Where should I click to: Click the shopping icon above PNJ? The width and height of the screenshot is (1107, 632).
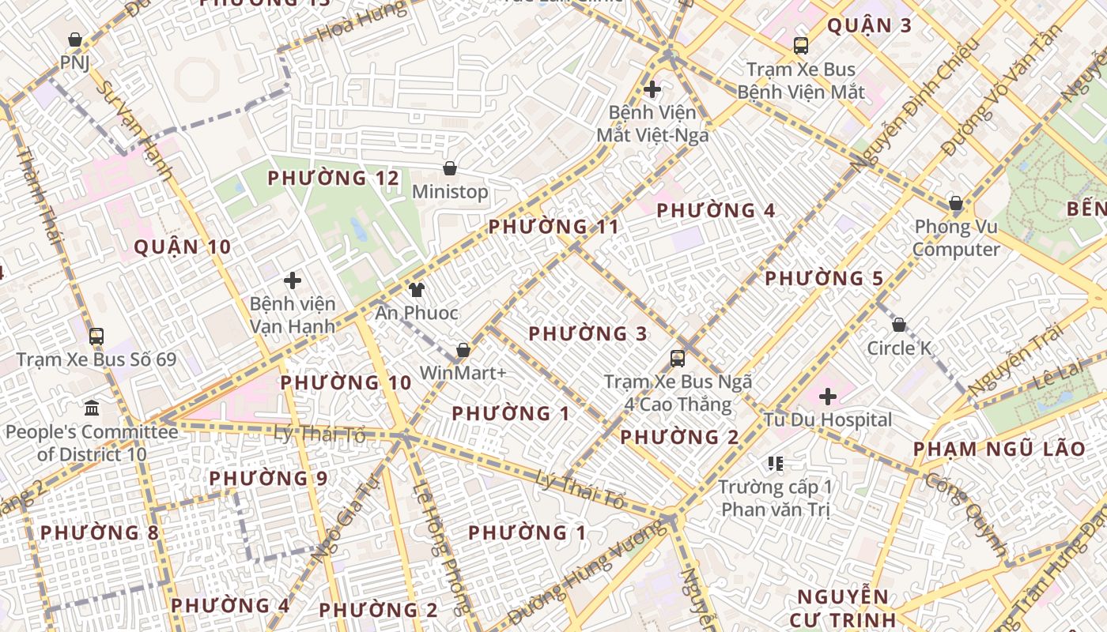point(75,39)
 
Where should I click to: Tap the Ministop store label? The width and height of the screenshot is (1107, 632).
point(450,192)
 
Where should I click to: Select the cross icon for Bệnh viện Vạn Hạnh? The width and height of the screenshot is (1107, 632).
point(293,280)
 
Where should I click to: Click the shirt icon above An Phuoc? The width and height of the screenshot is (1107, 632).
point(417,290)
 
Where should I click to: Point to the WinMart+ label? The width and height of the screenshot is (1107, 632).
point(463,372)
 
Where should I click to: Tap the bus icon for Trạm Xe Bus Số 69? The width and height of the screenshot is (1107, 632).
point(96,337)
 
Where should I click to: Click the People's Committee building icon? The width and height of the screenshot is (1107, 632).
point(92,409)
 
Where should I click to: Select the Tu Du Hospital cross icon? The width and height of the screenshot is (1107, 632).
point(828,397)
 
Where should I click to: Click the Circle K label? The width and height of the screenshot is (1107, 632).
point(899,348)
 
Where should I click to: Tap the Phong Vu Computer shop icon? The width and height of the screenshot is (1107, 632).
point(956,204)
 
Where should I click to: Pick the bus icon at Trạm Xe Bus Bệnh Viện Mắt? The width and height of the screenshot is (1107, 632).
point(801,46)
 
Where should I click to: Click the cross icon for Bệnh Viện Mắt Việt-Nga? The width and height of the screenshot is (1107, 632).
point(652,89)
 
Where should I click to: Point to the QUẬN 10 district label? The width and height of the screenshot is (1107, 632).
point(183,247)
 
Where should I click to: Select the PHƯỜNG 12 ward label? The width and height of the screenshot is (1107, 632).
point(333,179)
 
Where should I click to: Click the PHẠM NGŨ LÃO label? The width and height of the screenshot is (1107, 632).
point(999,450)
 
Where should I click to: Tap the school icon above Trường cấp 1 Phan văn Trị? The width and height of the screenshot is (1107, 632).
point(775,465)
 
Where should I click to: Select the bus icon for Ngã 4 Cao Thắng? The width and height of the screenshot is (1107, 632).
point(678,359)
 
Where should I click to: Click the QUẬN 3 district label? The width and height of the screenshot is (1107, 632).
point(869,26)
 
